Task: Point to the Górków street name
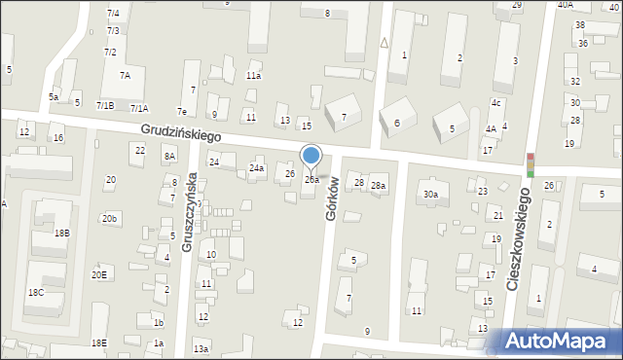[332, 199]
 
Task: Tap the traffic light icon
[531, 165]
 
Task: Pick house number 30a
[430, 195]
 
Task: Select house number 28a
[378, 186]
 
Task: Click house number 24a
[256, 169]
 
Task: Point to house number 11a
[253, 76]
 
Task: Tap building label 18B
[62, 234]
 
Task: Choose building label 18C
[35, 293]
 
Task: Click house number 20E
[99, 275]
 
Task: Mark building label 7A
[125, 75]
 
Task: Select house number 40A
[566, 5]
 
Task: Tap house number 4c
[496, 103]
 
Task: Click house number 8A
[170, 156]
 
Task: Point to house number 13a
[201, 348]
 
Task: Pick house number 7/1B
[105, 105]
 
